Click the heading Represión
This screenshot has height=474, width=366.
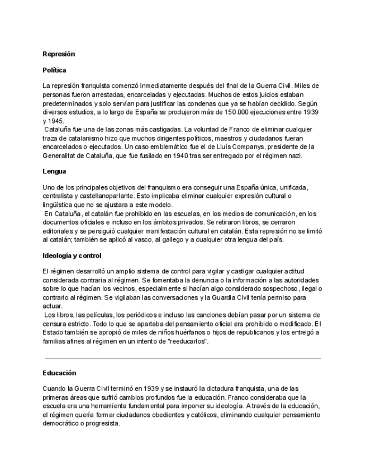(x=59, y=54)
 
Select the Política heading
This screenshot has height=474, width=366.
(x=54, y=70)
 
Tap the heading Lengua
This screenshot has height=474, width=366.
(x=54, y=171)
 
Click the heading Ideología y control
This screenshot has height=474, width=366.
(x=72, y=255)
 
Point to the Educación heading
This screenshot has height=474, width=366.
(x=59, y=373)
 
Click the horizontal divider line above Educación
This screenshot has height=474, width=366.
(x=183, y=358)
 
